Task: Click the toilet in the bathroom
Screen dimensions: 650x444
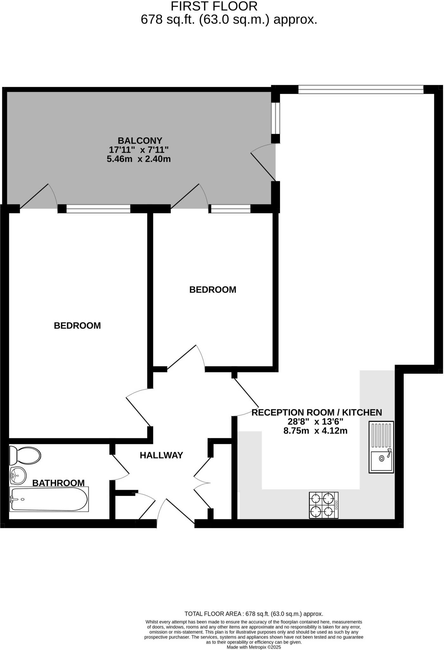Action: click(x=25, y=455)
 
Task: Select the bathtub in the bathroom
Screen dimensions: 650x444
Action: click(x=49, y=499)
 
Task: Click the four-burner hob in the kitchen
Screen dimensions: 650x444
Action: click(x=323, y=505)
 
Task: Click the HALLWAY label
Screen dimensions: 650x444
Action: click(x=161, y=455)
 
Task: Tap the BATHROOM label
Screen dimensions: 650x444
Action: click(x=58, y=483)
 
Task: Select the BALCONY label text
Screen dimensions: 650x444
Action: click(x=140, y=140)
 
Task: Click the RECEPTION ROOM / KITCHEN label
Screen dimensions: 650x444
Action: click(x=317, y=413)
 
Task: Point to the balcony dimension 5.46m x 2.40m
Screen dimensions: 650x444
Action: click(x=139, y=159)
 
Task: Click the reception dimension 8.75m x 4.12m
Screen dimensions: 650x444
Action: click(x=315, y=431)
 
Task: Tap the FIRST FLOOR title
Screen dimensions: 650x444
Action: click(x=214, y=6)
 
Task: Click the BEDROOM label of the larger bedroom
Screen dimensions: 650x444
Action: click(x=77, y=326)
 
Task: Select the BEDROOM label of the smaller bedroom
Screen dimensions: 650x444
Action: click(x=213, y=290)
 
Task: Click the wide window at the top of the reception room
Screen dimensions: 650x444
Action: click(x=361, y=90)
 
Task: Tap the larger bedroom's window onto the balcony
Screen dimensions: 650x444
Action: click(x=98, y=209)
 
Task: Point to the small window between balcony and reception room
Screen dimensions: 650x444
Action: click(x=276, y=118)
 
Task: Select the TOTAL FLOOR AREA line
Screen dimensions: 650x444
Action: click(x=254, y=614)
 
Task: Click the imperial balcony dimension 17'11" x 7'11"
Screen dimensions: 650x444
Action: click(x=139, y=149)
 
